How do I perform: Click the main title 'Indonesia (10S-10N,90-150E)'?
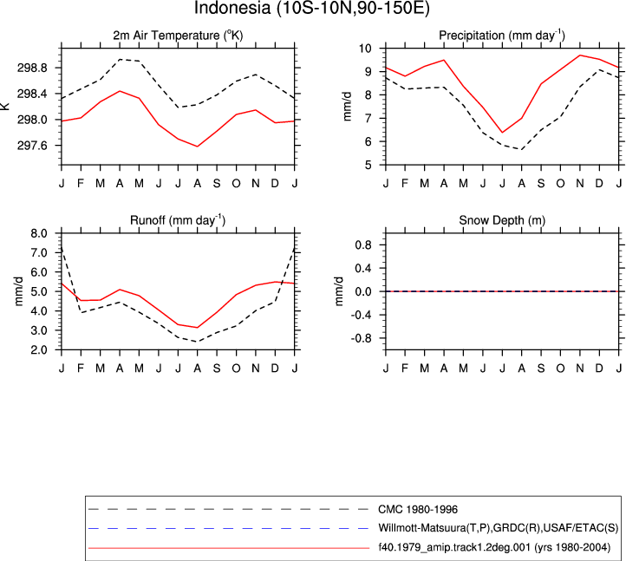(x=312, y=8)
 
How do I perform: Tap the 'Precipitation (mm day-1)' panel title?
(x=502, y=36)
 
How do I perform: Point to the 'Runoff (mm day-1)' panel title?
(x=178, y=220)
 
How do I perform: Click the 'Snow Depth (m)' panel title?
(x=502, y=220)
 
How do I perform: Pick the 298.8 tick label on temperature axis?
(x=32, y=68)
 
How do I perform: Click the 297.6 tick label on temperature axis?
(x=32, y=146)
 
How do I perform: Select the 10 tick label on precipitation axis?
(x=365, y=49)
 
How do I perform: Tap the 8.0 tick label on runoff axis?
(x=39, y=233)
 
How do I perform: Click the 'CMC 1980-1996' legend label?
(x=418, y=510)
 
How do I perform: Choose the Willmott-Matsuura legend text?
(x=498, y=528)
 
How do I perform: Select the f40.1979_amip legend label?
(x=494, y=547)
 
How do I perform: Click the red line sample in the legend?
(x=229, y=548)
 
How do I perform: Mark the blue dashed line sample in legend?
(x=229, y=529)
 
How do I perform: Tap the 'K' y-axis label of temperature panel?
(x=5, y=106)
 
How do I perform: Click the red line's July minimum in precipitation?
(x=502, y=133)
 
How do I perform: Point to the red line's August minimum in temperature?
(x=197, y=147)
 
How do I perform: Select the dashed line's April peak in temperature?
(x=120, y=59)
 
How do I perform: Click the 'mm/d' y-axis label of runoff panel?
(x=19, y=291)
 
